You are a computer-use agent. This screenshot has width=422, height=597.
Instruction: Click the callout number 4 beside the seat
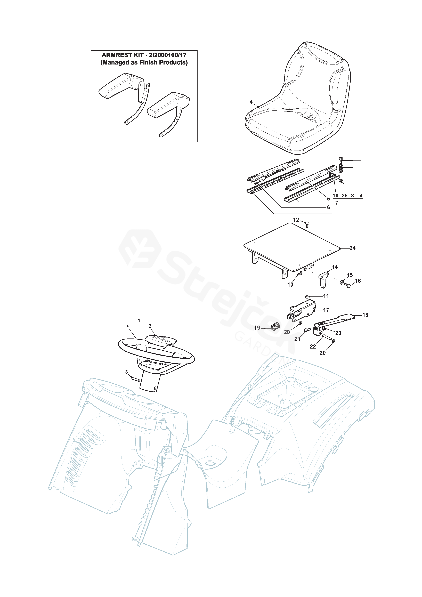pyautogui.click(x=251, y=102)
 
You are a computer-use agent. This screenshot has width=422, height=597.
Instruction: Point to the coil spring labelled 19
pyautogui.click(x=276, y=326)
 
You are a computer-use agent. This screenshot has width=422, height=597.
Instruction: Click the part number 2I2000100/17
pyautogui.click(x=168, y=55)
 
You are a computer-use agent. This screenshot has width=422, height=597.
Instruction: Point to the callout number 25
pyautogui.click(x=345, y=196)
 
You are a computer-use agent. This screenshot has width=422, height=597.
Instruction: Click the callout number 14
pyautogui.click(x=335, y=267)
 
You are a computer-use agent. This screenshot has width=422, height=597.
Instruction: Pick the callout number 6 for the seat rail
pyautogui.click(x=328, y=207)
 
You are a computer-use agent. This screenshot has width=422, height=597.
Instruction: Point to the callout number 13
pyautogui.click(x=290, y=285)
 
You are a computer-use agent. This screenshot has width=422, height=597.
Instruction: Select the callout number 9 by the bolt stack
pyautogui.click(x=361, y=196)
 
